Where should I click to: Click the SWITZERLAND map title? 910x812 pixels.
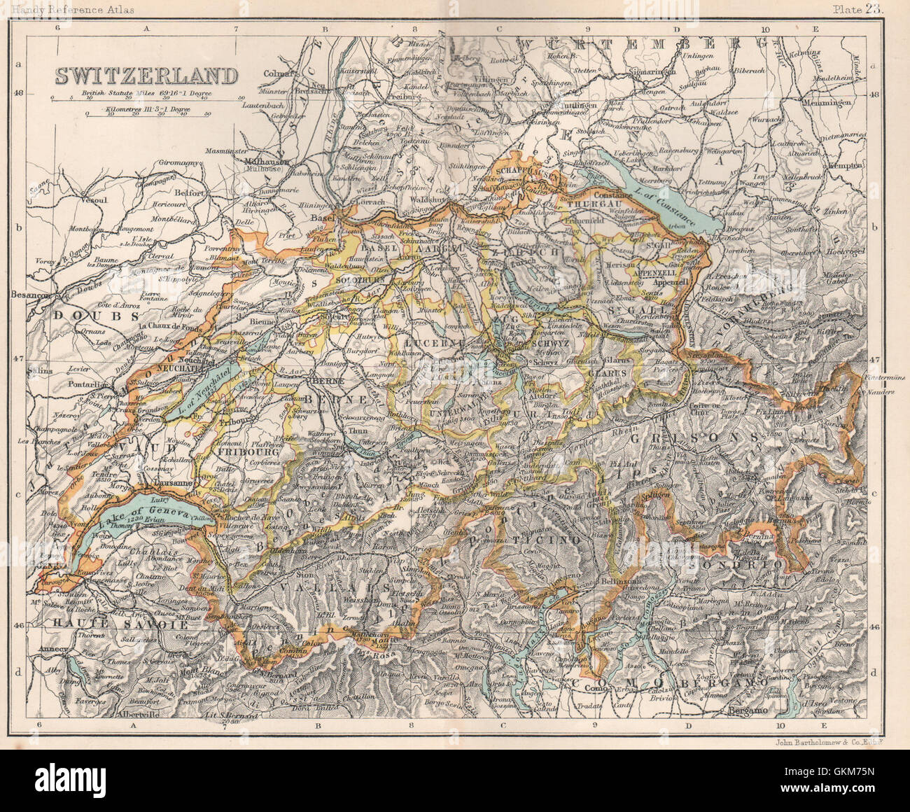(x=146, y=75)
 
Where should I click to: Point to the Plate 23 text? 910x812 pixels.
(x=859, y=9)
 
